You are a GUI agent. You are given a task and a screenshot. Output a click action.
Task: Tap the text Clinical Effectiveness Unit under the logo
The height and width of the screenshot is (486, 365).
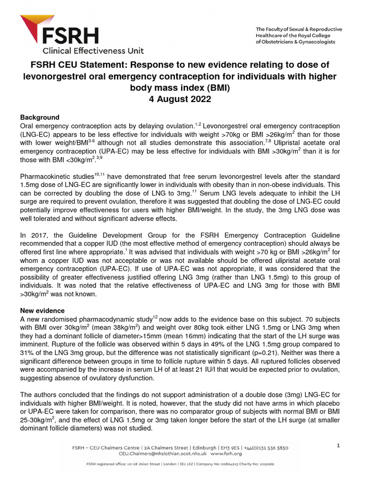(93, 50)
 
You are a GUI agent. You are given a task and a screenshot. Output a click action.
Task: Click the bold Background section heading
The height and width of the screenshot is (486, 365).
(39, 117)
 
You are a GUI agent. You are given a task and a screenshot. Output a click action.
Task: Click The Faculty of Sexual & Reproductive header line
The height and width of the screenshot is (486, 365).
(295, 29)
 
